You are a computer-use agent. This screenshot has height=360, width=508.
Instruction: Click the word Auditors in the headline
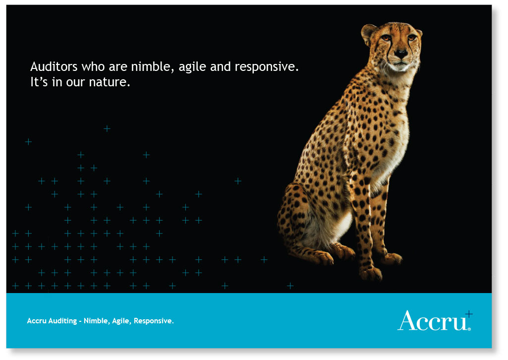pyautogui.click(x=54, y=66)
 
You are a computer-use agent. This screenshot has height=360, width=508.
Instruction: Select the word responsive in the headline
pyautogui.click(x=266, y=67)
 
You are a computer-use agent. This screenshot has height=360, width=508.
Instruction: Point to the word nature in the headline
pyautogui.click(x=110, y=82)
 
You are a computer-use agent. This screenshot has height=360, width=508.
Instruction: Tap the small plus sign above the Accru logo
pyautogui.click(x=469, y=314)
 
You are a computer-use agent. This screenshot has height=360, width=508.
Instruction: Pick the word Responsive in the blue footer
pyautogui.click(x=154, y=321)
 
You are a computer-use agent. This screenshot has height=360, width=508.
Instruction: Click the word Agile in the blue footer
pyautogui.click(x=121, y=321)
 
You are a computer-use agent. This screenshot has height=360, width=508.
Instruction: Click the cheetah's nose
pyautogui.click(x=401, y=54)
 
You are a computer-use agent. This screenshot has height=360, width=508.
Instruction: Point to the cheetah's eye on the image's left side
pyautogui.click(x=386, y=38)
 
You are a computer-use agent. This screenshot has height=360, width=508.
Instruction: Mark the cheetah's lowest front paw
pyautogui.click(x=371, y=274)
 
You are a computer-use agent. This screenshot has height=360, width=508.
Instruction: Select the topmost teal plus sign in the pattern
pyautogui.click(x=107, y=128)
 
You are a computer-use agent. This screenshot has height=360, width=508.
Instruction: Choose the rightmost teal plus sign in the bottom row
pyautogui.click(x=290, y=286)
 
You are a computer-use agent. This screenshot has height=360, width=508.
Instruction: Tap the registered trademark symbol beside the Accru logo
pyautogui.click(x=469, y=329)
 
